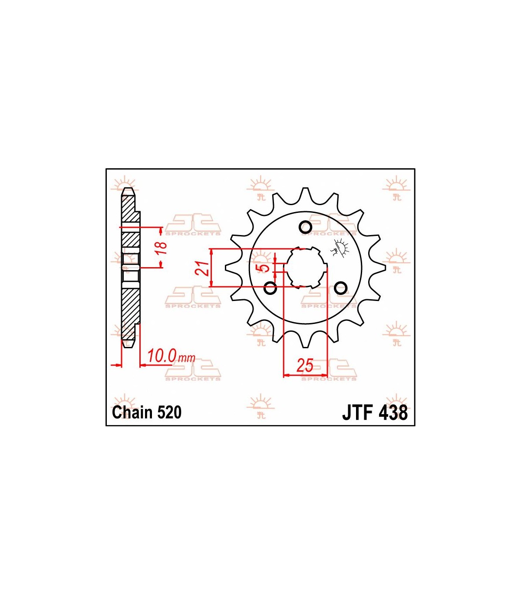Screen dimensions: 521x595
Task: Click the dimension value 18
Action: [162, 248]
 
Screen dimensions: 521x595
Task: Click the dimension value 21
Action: [202, 268]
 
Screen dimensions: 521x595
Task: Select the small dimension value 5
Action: [263, 267]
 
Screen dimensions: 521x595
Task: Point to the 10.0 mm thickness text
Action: [171, 356]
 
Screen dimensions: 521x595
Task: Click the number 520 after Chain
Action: [169, 412]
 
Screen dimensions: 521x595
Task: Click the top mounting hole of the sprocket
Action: [305, 227]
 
